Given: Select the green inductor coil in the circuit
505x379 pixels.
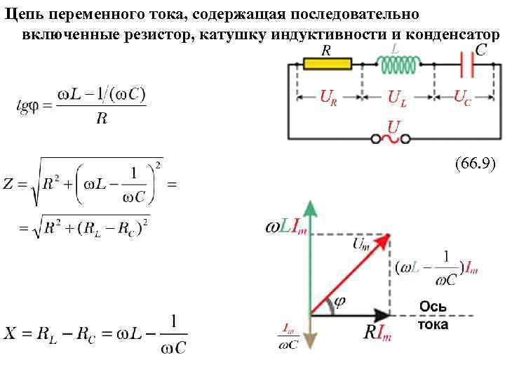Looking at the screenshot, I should (x=398, y=65).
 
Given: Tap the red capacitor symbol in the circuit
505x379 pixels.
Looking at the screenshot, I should (x=469, y=65).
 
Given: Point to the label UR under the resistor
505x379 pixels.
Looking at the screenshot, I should (x=328, y=97).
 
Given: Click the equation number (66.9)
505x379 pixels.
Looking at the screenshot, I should (x=475, y=165).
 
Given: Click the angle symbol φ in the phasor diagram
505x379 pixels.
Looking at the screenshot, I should (x=339, y=301).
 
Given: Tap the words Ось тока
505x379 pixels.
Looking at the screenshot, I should (x=433, y=315).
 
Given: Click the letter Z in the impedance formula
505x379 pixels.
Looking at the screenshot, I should (x=9, y=185).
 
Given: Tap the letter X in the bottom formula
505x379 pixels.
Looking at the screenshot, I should (x=10, y=333).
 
